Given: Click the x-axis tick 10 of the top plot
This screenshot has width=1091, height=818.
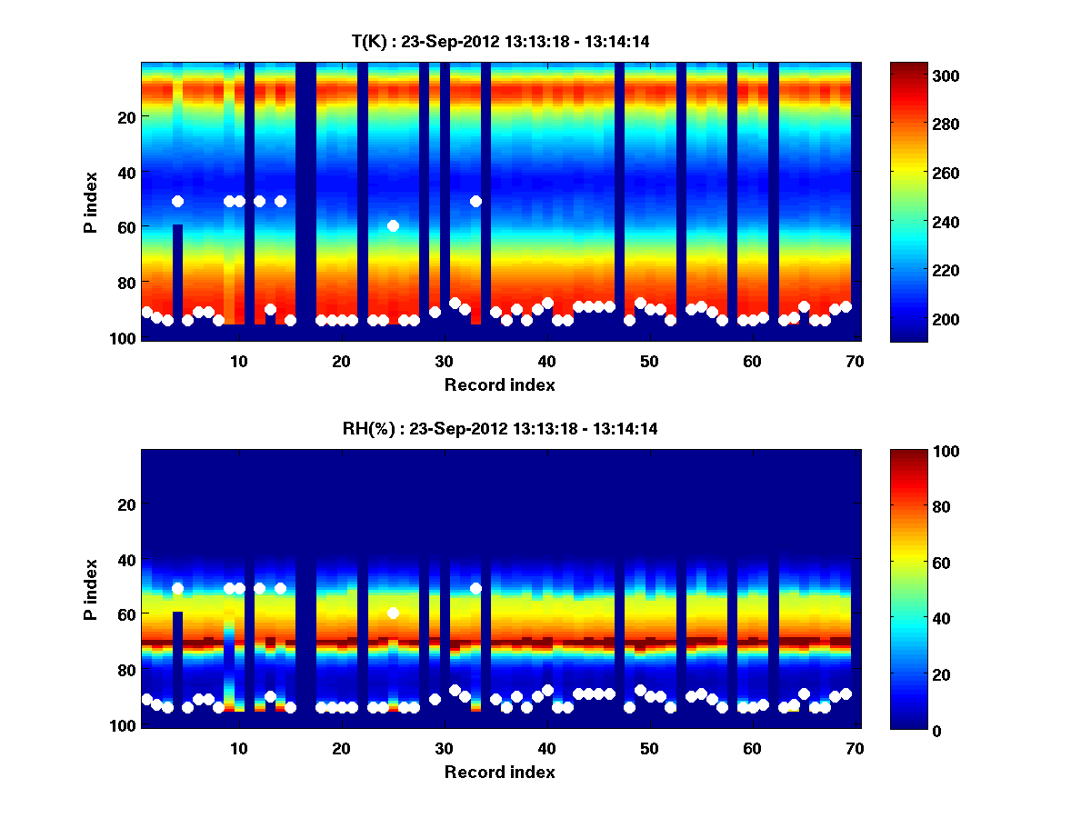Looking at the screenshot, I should coord(238,360).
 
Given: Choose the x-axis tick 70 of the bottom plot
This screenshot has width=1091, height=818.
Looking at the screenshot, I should coord(855,748).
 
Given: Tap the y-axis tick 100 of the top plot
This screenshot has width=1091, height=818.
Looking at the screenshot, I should coord(124,337).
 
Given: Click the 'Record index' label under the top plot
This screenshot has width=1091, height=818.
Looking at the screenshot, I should coord(499,384).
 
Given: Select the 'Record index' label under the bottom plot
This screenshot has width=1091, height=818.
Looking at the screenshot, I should coord(499,773).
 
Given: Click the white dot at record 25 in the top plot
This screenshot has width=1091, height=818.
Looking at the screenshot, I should coord(393,225).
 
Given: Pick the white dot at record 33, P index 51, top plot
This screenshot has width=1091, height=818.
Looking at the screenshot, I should coord(475,201).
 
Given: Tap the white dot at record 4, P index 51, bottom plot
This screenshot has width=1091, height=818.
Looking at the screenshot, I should coord(177,589).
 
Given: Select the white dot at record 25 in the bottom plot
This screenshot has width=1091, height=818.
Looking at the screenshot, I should coord(393,613).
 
